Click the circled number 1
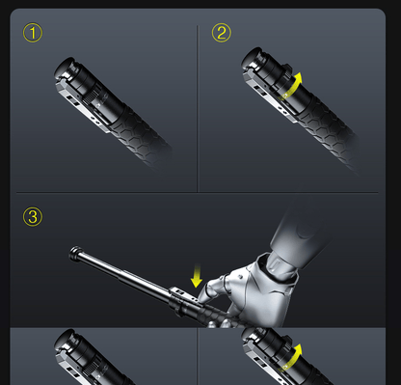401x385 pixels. (33, 33)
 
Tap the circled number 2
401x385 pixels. (222, 33)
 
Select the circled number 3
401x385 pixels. (33, 217)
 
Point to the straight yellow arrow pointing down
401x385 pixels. (197, 276)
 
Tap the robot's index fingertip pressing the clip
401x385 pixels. (202, 298)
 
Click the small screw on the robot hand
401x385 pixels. (240, 276)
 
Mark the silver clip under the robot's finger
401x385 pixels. (185, 294)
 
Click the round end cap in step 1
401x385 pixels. (66, 68)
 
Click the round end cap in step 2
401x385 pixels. (253, 58)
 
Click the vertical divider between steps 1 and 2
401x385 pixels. (198, 109)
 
